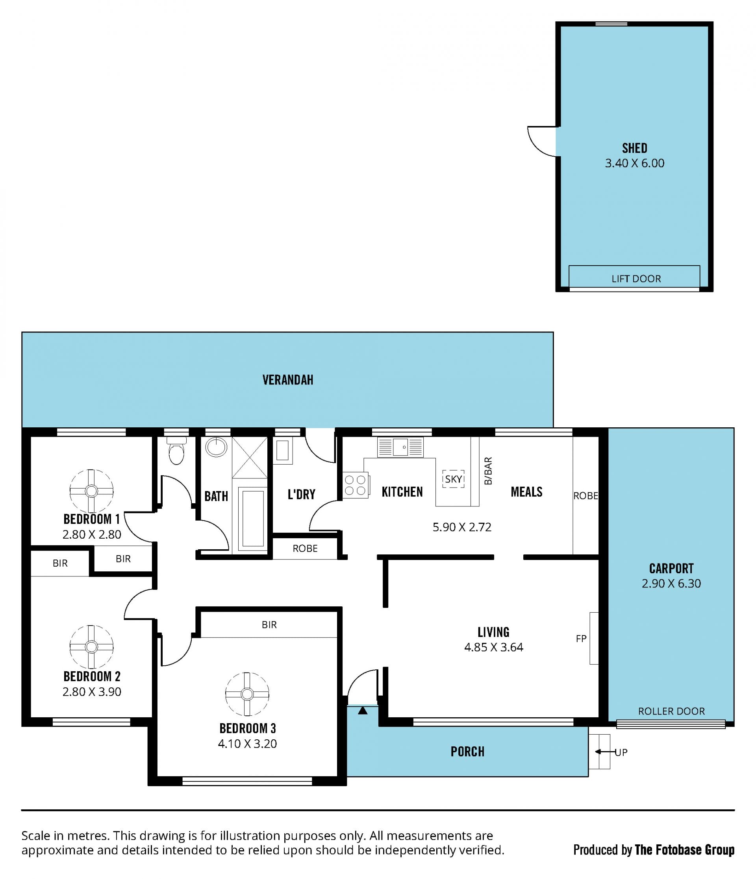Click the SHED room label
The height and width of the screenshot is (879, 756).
[x=635, y=148]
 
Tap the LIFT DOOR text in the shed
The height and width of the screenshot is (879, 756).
[x=636, y=279]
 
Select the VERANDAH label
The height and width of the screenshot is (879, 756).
[x=288, y=380]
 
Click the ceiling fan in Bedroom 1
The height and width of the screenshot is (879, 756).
[x=91, y=491]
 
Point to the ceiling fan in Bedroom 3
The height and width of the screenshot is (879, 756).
[x=247, y=694]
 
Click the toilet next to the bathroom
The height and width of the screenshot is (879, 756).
[x=176, y=451]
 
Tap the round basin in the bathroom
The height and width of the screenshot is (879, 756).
[x=217, y=447]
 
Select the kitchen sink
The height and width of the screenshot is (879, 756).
[x=400, y=447]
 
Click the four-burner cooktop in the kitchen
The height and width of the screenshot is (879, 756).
[x=356, y=485]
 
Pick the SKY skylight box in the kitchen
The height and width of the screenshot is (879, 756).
[x=453, y=479]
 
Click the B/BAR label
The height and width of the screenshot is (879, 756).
[x=488, y=471]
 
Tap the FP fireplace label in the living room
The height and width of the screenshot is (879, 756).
[x=581, y=639]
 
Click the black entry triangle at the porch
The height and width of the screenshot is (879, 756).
[x=363, y=710]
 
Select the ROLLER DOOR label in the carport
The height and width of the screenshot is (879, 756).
[x=671, y=711]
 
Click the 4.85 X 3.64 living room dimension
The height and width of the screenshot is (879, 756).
[x=494, y=647]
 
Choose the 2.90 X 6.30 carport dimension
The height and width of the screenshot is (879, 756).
[x=671, y=584]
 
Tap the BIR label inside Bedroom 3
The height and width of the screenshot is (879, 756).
[x=269, y=624]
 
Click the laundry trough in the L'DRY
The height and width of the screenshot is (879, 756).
[x=282, y=451]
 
